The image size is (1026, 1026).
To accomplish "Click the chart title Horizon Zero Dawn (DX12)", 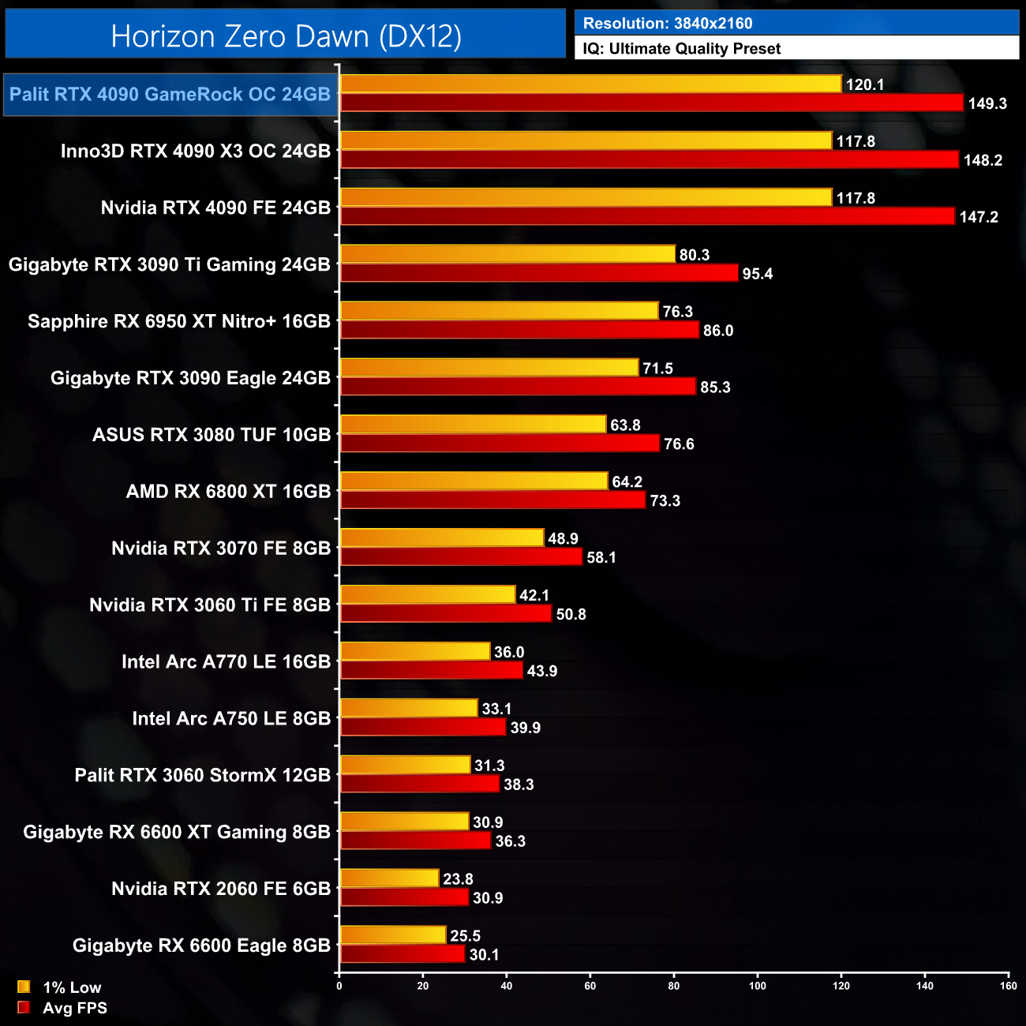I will [x=286, y=36].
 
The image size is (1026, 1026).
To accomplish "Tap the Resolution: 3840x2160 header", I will [x=668, y=24].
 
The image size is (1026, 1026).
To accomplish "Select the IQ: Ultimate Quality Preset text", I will [x=682, y=49].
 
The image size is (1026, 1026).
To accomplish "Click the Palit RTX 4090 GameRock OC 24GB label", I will [x=170, y=95].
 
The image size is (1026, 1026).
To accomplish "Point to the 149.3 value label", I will [x=987, y=103].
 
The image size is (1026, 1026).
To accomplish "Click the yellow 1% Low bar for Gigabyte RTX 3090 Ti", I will [x=507, y=254].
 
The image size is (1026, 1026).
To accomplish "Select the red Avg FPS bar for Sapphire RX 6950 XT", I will [x=519, y=330].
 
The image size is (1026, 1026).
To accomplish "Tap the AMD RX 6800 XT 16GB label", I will [x=228, y=492].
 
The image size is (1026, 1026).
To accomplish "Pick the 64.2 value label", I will [x=627, y=482].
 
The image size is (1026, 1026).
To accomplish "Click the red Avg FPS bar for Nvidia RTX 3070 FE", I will [x=461, y=557].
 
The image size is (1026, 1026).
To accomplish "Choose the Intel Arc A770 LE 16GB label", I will [x=226, y=662].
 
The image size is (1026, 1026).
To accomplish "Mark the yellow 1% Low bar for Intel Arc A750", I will [x=409, y=709].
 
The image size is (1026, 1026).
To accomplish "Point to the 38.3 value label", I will [x=519, y=784].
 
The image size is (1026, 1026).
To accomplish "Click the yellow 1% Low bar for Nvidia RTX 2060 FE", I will [x=389, y=878].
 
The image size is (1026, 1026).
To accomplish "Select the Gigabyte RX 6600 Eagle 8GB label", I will [x=201, y=945].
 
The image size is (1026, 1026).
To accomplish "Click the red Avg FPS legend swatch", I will [x=24, y=1008].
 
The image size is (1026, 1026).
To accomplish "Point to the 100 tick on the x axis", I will [x=758, y=986].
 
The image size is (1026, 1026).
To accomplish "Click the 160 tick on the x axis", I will [x=1008, y=986].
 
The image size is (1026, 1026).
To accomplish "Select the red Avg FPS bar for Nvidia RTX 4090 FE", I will [x=647, y=216].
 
